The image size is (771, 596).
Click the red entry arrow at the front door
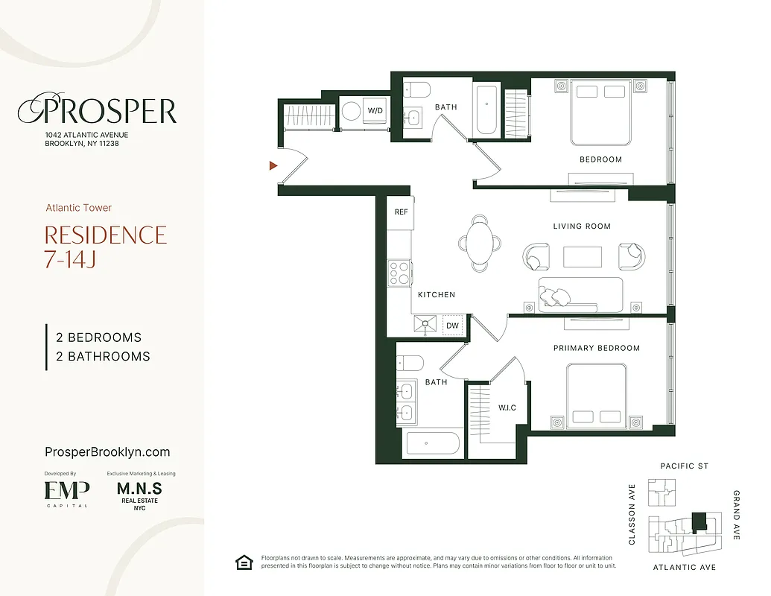(x=273, y=165)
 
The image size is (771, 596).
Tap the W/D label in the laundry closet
(x=376, y=111)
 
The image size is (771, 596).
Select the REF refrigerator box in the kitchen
(x=401, y=212)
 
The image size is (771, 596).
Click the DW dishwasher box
(x=452, y=326)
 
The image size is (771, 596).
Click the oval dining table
(x=481, y=243)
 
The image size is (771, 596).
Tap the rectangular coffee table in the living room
(x=583, y=257)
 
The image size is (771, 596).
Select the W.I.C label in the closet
(x=507, y=408)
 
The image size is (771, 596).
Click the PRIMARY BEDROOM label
(x=596, y=348)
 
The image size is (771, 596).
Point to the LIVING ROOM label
(x=582, y=226)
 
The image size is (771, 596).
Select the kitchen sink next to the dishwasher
(x=428, y=325)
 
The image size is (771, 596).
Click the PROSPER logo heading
(x=97, y=111)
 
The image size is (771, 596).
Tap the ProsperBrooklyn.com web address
(x=107, y=452)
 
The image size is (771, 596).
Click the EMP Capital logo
(x=66, y=492)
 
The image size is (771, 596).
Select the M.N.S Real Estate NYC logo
(x=139, y=494)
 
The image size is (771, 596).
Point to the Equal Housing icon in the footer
(x=244, y=562)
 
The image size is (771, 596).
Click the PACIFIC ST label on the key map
(x=684, y=466)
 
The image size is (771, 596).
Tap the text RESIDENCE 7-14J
(x=105, y=247)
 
